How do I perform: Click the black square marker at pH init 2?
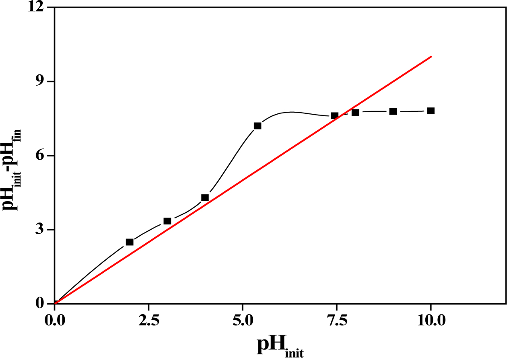tap(130, 242)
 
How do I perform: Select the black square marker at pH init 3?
tap(167, 221)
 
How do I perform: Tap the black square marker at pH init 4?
tap(205, 197)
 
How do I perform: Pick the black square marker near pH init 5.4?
tap(258, 126)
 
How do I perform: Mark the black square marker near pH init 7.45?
tap(334, 116)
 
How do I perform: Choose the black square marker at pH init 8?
tap(355, 112)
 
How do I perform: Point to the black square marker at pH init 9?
tap(393, 111)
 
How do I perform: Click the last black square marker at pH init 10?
tap(431, 111)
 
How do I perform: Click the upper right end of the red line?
tap(431, 57)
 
